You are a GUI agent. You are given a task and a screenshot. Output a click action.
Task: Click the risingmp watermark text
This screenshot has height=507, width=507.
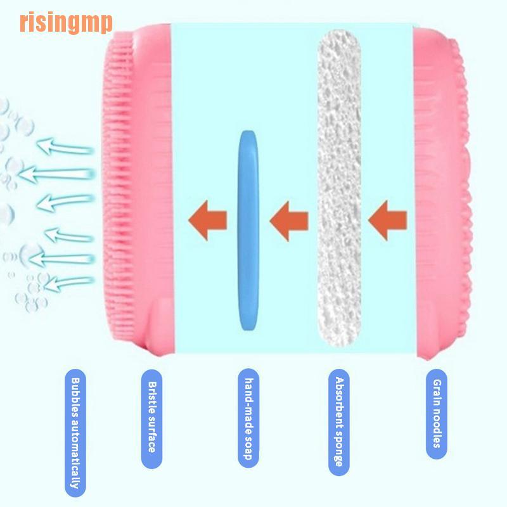click(x=66, y=23)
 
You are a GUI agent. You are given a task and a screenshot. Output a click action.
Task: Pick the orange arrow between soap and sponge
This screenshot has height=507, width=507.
click(x=289, y=220)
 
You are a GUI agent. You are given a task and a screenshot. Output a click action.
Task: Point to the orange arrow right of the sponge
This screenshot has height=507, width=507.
click(x=388, y=220)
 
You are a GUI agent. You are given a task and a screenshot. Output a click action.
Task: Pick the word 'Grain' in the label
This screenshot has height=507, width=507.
click(x=436, y=392)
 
